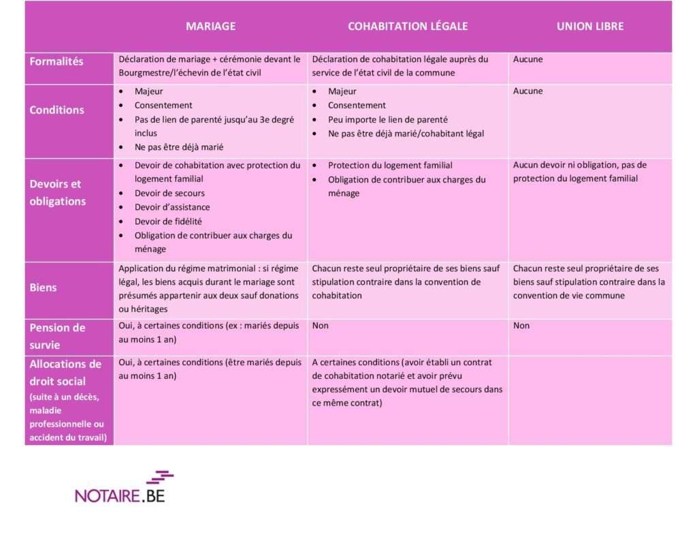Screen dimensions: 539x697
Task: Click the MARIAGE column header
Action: [x=211, y=27]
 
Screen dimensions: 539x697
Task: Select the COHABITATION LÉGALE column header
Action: [x=408, y=27]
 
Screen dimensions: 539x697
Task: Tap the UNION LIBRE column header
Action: [x=590, y=27]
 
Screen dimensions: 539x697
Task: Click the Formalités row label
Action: [x=56, y=61]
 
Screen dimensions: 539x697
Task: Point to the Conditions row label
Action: [x=56, y=110]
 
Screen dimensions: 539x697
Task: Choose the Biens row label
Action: [x=43, y=288]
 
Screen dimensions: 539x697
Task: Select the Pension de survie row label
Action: [x=57, y=336]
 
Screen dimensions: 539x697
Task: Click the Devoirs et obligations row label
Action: [x=57, y=192]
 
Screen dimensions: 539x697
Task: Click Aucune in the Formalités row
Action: [x=528, y=59]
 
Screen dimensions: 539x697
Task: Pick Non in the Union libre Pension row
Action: [x=521, y=326]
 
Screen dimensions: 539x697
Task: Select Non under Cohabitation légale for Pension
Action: [x=320, y=326]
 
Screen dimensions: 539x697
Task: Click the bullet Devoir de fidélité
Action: [x=168, y=221]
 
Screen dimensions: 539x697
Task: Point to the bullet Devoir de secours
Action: [x=169, y=194]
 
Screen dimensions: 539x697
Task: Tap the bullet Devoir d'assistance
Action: [x=172, y=207]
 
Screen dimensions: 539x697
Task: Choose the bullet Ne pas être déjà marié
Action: [x=179, y=147]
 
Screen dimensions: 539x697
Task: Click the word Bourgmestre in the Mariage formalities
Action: [x=146, y=73]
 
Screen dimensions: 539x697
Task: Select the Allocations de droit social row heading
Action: [x=65, y=373]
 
